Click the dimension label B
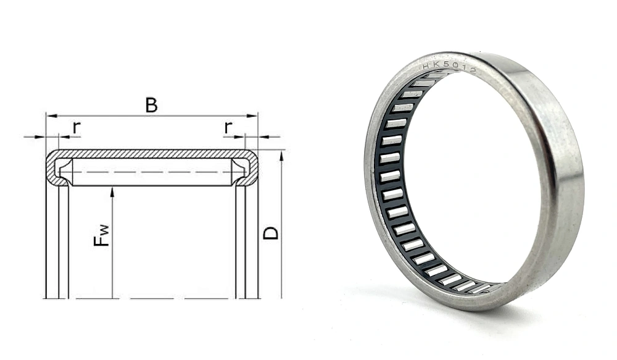pos(151,105)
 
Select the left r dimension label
pos(77,127)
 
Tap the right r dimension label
pos(228,127)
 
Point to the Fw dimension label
pos(102,235)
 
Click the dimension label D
pos(271,233)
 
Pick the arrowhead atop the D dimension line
pos(281,154)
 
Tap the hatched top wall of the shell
pos(151,153)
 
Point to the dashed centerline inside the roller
pos(151,172)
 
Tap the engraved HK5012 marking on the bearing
pos(449,69)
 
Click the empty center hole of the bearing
pos(469,179)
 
